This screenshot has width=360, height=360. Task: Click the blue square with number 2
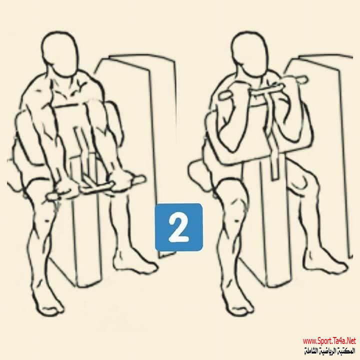[178, 227]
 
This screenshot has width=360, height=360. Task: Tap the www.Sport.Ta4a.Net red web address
[329, 340]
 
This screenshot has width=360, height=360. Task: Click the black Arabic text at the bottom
[329, 350]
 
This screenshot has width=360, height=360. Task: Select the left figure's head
[59, 54]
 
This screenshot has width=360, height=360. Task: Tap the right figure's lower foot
[240, 306]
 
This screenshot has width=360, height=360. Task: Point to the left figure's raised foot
[135, 264]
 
